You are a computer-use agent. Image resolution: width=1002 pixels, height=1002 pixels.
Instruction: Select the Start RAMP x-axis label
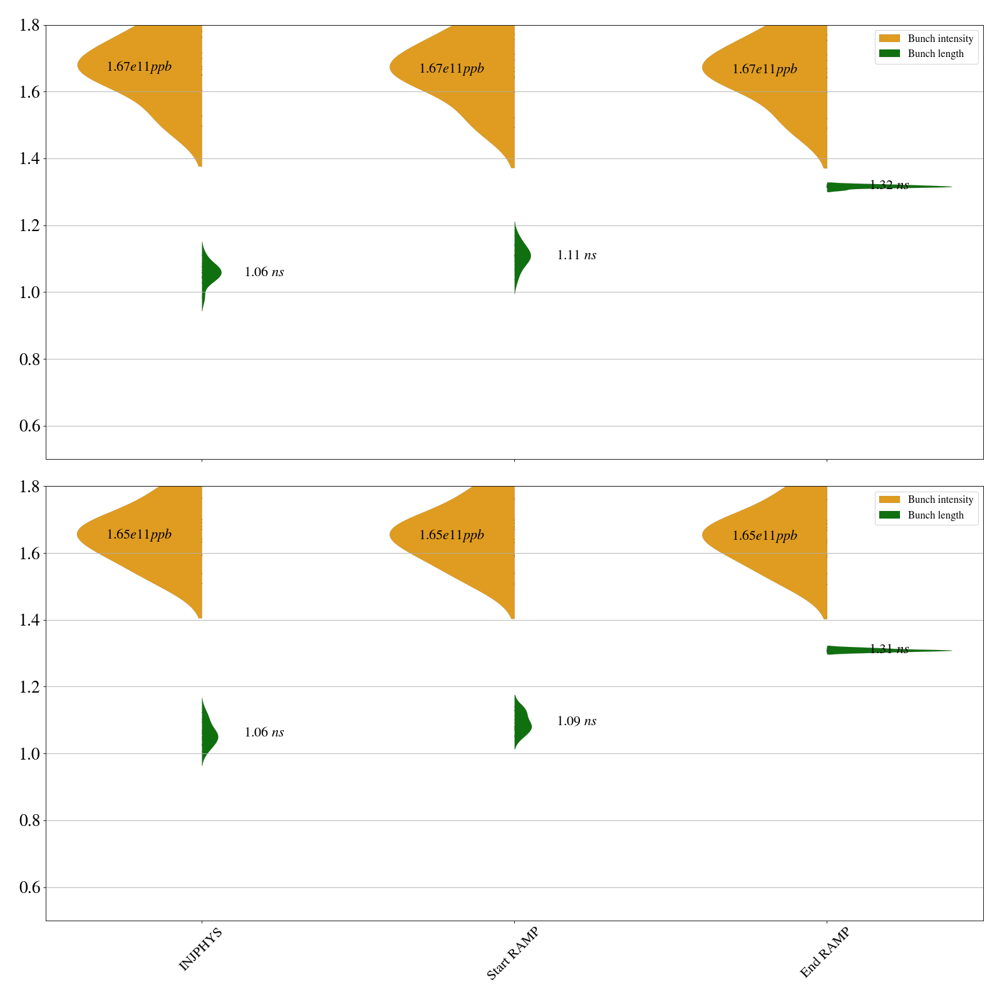512,953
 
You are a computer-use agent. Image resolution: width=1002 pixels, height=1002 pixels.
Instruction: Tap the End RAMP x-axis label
825,953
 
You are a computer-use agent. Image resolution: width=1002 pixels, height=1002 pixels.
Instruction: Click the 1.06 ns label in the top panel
264,272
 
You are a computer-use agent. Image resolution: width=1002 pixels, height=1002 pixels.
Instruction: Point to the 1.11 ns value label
576,256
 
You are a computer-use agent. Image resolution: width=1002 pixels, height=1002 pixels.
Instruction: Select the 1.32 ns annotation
889,185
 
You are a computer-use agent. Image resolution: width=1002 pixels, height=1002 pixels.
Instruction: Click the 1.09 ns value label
576,721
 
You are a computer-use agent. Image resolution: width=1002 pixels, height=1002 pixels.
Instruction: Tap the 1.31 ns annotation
889,649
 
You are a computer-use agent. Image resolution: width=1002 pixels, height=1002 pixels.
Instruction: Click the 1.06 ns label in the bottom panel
264,733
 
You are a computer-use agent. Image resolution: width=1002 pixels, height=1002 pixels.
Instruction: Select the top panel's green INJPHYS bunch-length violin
210,272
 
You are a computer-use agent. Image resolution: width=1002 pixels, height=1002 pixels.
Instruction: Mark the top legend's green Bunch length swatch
889,54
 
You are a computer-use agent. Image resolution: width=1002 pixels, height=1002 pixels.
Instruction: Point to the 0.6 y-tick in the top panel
31,426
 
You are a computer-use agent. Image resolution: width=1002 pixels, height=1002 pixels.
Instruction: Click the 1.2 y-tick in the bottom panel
31,687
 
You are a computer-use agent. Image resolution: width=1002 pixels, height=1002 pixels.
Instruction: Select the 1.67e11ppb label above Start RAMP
452,69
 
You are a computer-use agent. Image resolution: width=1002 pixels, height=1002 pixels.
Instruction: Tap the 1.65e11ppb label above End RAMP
765,536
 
